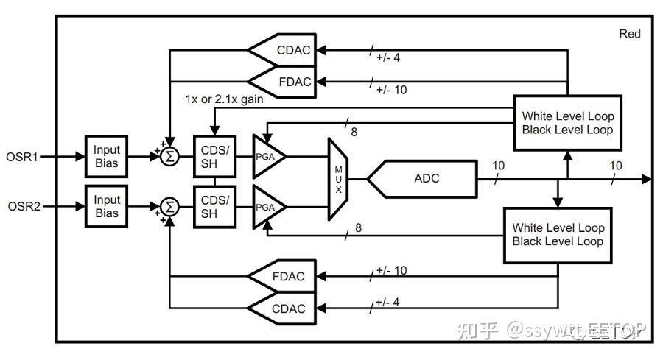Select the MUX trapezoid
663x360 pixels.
(x=340, y=179)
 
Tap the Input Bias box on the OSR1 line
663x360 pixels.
(x=106, y=156)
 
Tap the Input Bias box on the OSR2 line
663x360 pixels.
(x=106, y=207)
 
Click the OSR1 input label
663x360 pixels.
(x=22, y=156)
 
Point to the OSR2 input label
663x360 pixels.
(x=22, y=207)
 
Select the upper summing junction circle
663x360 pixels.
(x=170, y=156)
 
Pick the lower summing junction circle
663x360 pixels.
(x=170, y=207)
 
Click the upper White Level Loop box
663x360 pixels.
(x=567, y=123)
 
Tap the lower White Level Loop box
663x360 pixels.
(x=558, y=235)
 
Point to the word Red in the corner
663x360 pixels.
(x=630, y=33)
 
